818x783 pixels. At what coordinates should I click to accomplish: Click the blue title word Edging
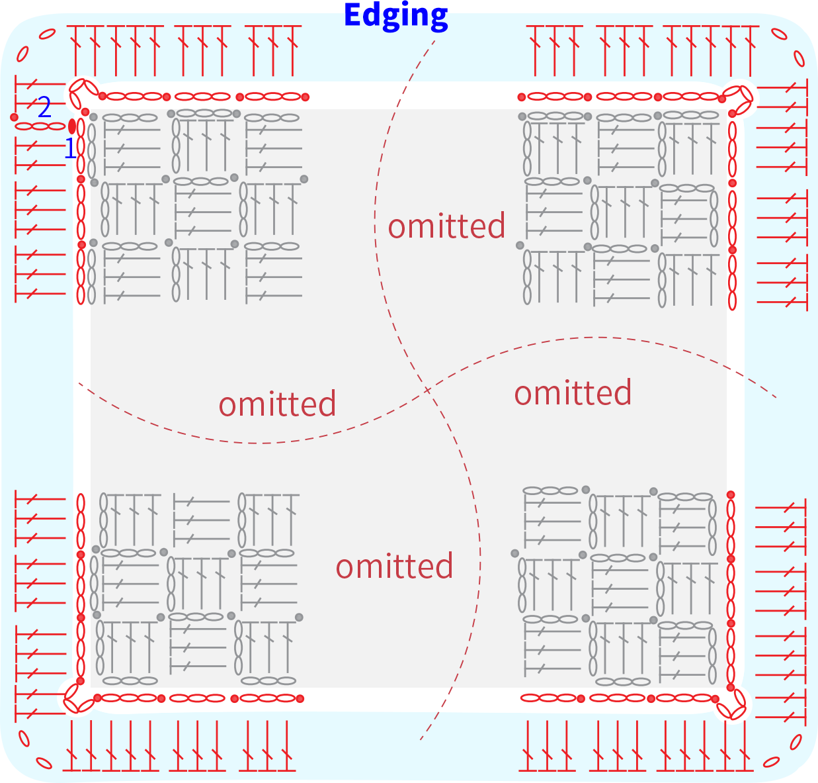[x=395, y=16]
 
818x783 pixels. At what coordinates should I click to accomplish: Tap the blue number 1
[x=70, y=148]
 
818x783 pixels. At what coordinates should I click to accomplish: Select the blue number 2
[x=44, y=107]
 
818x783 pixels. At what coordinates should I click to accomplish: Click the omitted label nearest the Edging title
[x=446, y=226]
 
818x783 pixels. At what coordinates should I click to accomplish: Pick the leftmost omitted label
[x=278, y=404]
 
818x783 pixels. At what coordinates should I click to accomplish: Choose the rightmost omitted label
[x=573, y=392]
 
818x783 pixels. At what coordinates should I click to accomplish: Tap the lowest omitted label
[x=394, y=566]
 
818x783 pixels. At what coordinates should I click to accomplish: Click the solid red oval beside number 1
[x=72, y=126]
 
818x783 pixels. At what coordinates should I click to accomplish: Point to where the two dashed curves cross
[x=427, y=391]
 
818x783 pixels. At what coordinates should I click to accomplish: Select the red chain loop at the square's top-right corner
[x=738, y=97]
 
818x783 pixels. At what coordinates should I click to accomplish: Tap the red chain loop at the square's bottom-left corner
[x=78, y=699]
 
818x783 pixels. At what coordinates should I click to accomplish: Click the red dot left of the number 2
[x=15, y=117]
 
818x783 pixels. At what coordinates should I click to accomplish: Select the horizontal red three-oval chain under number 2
[x=40, y=126]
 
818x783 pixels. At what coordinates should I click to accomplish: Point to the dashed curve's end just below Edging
[x=434, y=40]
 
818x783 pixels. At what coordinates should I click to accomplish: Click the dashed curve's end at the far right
[x=776, y=397]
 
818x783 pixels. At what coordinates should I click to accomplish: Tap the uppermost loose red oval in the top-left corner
[x=47, y=34]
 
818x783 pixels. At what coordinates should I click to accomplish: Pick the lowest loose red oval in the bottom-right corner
[x=771, y=762]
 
